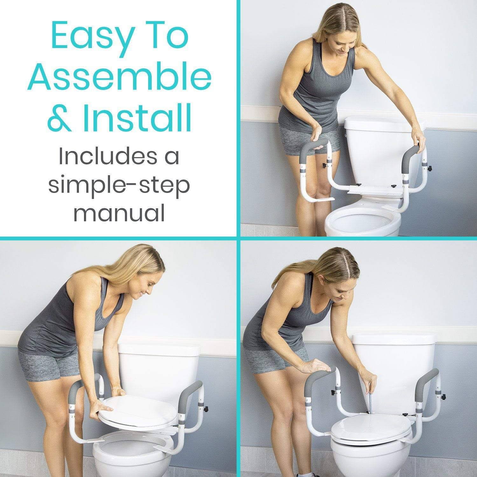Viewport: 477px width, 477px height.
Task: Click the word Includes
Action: click(x=119, y=157)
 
